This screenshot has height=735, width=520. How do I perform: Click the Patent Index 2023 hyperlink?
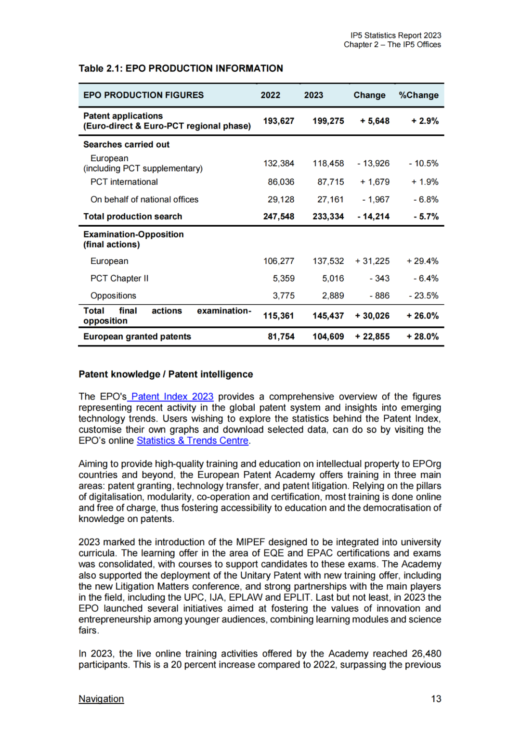(172, 397)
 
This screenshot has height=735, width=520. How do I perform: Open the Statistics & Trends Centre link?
(193, 440)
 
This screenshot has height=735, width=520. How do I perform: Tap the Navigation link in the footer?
(101, 699)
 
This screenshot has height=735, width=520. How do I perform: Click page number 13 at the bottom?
(436, 699)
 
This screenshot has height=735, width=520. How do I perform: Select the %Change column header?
(418, 95)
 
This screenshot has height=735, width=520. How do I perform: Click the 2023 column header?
(313, 95)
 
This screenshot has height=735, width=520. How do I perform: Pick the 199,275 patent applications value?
(328, 121)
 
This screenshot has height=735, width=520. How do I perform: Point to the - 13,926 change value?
(373, 164)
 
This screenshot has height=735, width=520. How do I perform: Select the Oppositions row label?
(113, 296)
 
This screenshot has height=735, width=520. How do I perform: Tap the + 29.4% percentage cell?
(422, 261)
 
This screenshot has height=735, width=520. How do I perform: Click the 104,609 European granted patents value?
(328, 336)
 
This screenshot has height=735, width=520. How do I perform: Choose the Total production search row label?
(132, 217)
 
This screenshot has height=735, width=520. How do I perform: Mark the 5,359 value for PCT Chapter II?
(284, 278)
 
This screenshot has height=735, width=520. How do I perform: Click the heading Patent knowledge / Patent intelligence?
(166, 374)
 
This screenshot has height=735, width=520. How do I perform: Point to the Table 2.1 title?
(181, 68)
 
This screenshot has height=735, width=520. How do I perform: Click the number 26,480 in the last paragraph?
(426, 654)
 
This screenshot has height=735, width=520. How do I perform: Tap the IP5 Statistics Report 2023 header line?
(395, 36)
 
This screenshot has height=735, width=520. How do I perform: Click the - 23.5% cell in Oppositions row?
(423, 296)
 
